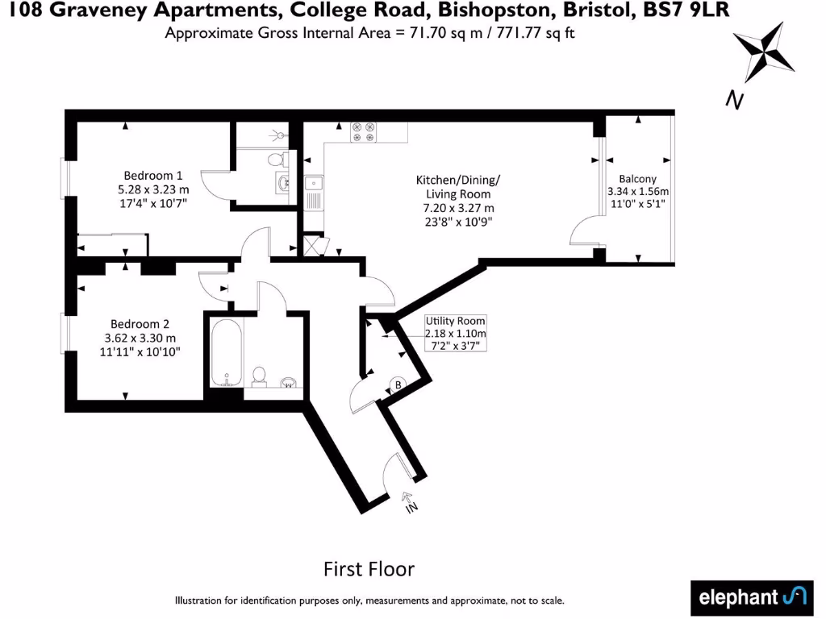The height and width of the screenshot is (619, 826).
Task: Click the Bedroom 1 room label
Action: click(153, 176)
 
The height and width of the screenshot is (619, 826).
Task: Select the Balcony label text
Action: click(637, 179)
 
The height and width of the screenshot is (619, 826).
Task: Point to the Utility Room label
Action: click(456, 321)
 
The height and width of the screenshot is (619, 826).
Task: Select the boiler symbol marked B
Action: click(398, 385)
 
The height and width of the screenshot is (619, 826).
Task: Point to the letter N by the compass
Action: click(734, 100)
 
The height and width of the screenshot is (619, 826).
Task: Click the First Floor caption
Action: click(369, 569)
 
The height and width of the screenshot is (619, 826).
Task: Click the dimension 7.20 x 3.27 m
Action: click(458, 208)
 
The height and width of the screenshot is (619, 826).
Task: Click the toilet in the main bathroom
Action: click(260, 376)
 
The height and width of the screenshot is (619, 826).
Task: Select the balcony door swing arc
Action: click(582, 233)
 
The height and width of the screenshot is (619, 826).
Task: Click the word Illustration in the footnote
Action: click(202, 600)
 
